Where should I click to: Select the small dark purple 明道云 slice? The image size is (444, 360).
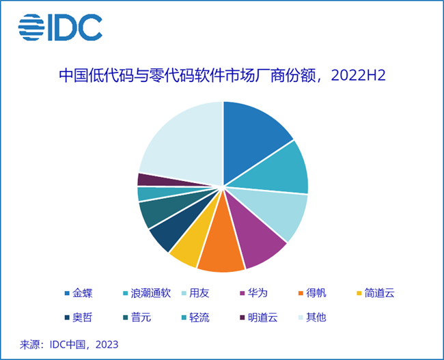145,179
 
